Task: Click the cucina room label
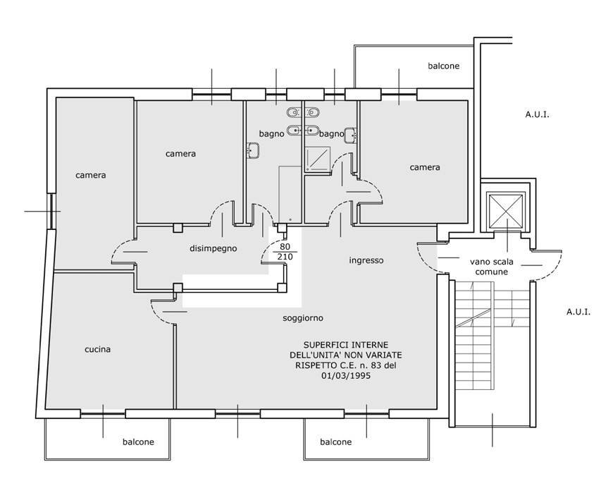point(97,349)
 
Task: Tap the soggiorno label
point(303,318)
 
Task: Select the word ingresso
point(366,260)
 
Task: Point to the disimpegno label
point(213,248)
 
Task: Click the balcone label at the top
point(443,66)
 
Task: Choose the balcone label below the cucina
point(138,442)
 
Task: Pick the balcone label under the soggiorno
point(336,442)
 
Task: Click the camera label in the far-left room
point(90,176)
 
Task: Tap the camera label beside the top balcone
point(425,167)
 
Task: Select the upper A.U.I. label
point(537,114)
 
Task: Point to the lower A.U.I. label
point(578,312)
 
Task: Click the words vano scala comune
point(492,267)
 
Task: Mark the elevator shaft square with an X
point(504,212)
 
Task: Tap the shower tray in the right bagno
point(317,159)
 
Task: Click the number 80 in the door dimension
point(285,247)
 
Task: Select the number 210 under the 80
point(285,257)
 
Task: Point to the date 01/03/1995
point(346,375)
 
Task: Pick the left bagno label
point(271,134)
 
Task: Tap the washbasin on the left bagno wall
point(253,150)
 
